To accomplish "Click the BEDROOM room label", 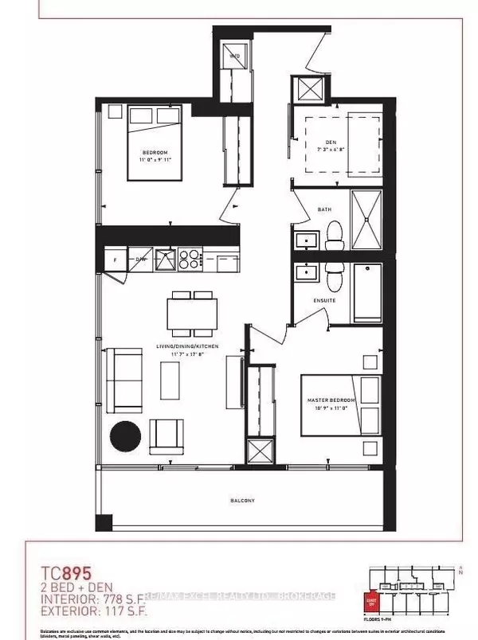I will pyautogui.click(x=156, y=153).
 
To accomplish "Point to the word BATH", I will pyautogui.click(x=323, y=210).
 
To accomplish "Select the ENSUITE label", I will pyautogui.click(x=323, y=300).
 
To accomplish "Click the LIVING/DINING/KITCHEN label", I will pyautogui.click(x=187, y=347).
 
